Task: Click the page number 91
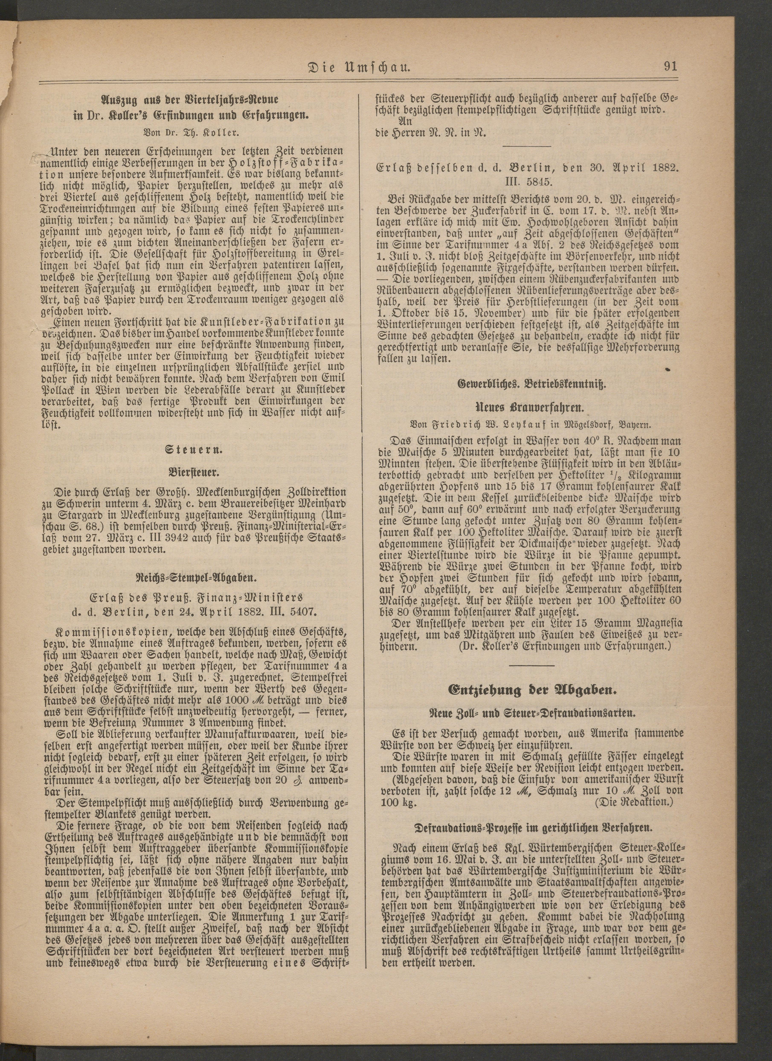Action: click(670, 66)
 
